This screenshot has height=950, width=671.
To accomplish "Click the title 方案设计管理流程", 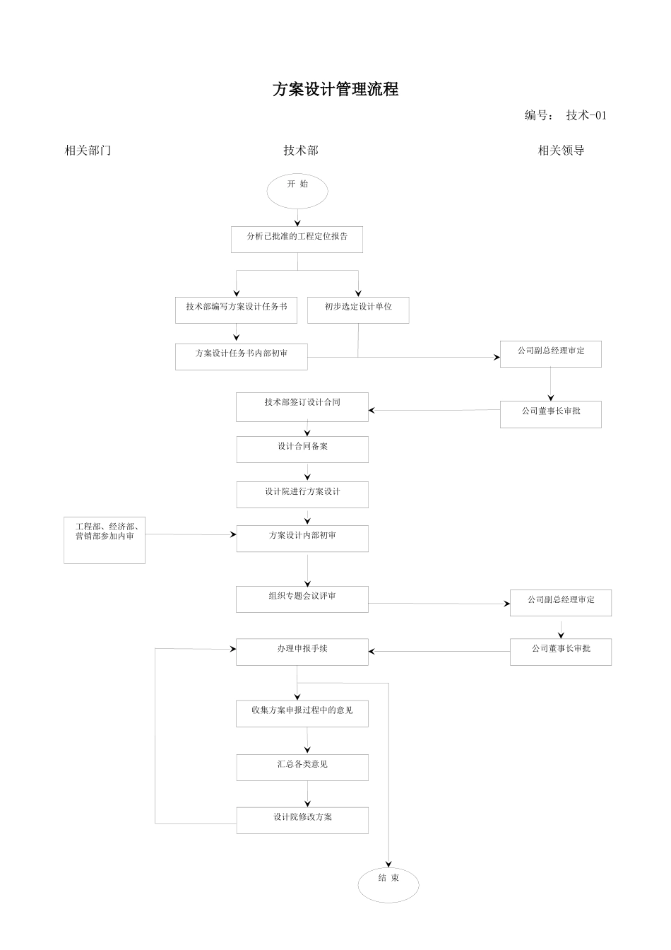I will (x=335, y=90).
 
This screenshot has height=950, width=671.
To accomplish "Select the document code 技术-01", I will (x=586, y=115).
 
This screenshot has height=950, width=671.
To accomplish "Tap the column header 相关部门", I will (x=88, y=151).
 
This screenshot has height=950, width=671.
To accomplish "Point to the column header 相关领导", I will (x=561, y=151).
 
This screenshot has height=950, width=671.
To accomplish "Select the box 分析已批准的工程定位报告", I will (x=297, y=240).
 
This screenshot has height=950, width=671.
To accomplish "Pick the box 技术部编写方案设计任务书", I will (x=236, y=310).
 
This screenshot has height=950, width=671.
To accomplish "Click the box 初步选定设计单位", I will (x=358, y=310).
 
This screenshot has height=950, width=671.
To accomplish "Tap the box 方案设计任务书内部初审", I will (x=241, y=356).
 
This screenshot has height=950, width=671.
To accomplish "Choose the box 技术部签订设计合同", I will (x=302, y=406).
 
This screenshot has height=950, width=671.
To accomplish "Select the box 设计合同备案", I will (x=302, y=450).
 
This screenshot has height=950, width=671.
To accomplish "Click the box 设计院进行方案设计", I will (x=302, y=495).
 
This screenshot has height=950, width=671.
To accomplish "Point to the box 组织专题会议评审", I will (x=302, y=599).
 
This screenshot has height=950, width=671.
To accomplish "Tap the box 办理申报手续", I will (x=302, y=652).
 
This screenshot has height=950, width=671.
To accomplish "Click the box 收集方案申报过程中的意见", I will (x=302, y=714).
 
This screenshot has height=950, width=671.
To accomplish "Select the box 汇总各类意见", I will (x=302, y=768).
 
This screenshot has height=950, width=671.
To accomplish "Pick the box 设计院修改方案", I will (x=302, y=821).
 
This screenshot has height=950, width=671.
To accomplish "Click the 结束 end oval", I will (x=388, y=884).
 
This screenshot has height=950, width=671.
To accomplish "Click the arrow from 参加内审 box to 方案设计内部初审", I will (x=191, y=534).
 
